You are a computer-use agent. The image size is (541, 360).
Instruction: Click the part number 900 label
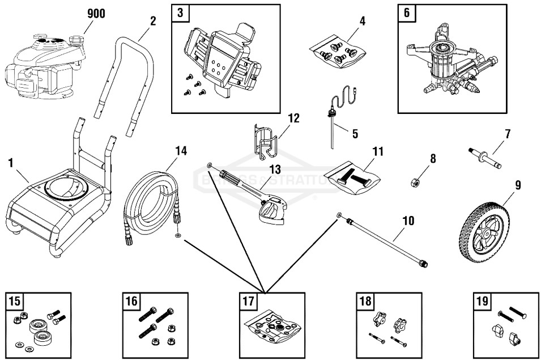pos(96,14)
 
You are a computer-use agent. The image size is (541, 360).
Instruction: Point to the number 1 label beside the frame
pos(11,163)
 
